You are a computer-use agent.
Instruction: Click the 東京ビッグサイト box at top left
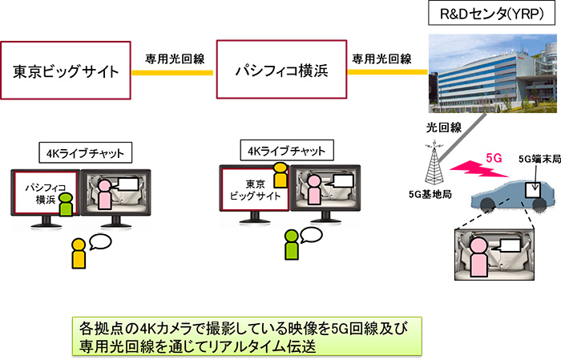66,71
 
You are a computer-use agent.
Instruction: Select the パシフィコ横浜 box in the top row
281,71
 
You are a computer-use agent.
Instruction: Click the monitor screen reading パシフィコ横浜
44,196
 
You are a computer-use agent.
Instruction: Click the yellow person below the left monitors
79,253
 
